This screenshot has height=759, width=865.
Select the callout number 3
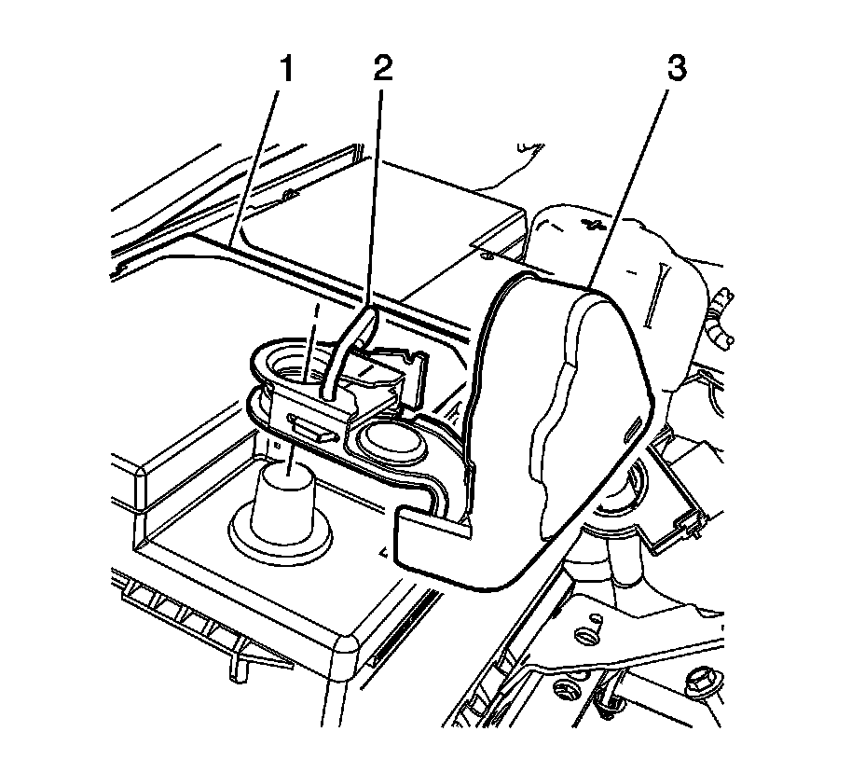[677, 71]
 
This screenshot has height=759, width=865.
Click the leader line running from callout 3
[633, 177]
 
